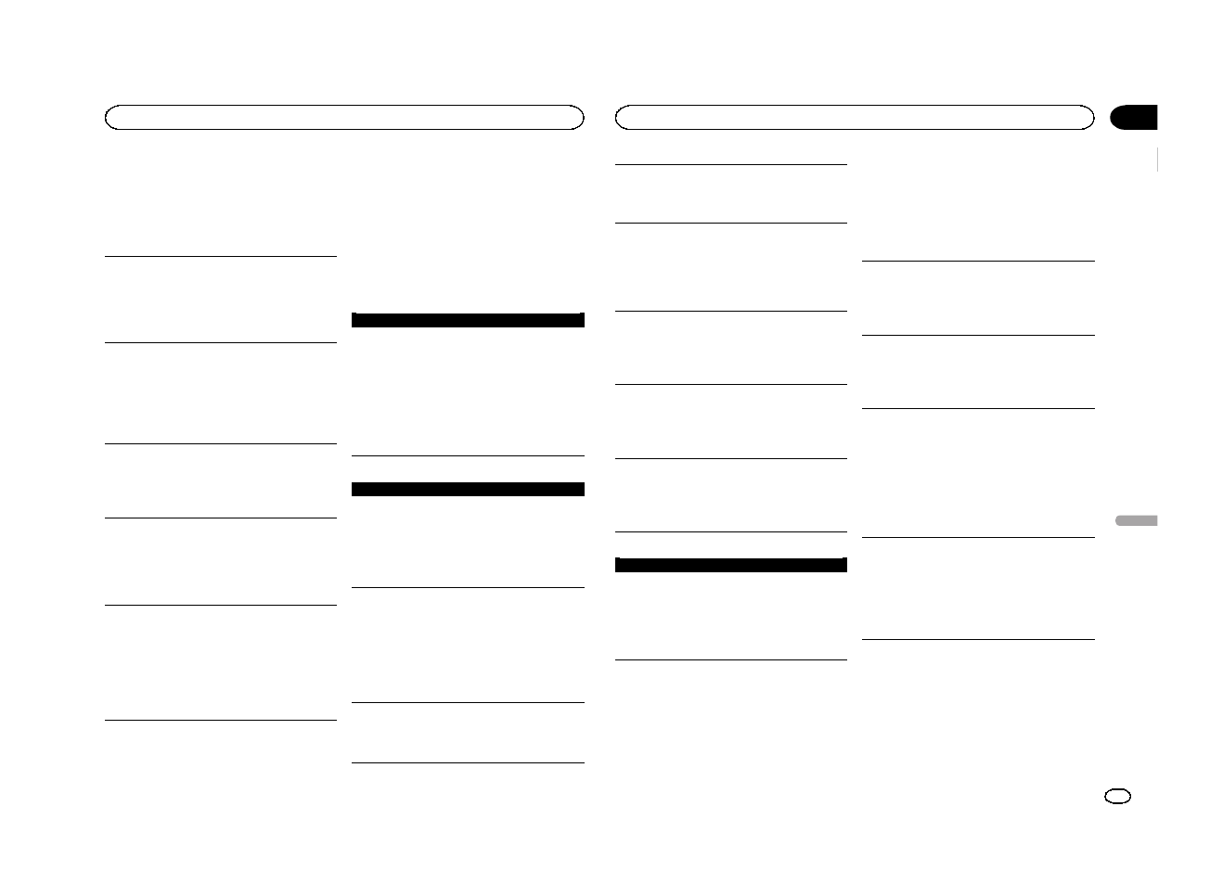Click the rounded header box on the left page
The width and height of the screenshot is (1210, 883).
[x=344, y=117]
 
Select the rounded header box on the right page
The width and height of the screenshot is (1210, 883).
[x=855, y=117]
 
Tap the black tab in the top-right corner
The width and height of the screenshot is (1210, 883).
[x=1134, y=117]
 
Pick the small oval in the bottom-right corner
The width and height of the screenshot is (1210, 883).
[x=1118, y=797]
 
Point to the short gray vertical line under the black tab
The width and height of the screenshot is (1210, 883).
[x=1158, y=160]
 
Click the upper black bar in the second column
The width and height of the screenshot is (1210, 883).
[x=469, y=320]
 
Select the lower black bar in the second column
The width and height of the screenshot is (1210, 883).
[x=469, y=489]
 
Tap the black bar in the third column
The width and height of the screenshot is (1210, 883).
[x=731, y=565]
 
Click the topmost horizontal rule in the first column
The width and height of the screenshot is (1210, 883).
[x=220, y=257]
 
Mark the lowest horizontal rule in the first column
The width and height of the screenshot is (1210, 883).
[x=220, y=720]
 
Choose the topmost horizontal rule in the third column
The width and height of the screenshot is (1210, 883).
[x=731, y=165]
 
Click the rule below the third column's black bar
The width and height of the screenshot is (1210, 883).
[x=731, y=659]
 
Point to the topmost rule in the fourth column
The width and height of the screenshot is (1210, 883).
[x=978, y=262]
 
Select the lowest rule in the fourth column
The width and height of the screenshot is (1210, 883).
[x=978, y=639]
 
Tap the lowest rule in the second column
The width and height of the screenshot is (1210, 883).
[x=469, y=762]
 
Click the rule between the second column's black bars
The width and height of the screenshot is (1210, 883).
[x=469, y=455]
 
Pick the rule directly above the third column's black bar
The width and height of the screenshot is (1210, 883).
[x=731, y=531]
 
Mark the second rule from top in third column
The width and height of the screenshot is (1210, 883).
[x=731, y=223]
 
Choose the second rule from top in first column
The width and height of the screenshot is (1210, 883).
[x=220, y=343]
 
